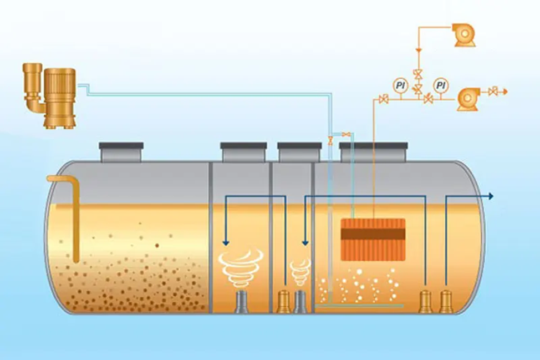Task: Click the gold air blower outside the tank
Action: [x=50, y=95]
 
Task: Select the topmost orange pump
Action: [x=464, y=34]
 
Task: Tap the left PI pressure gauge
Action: [x=400, y=85]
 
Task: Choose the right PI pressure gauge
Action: [x=441, y=85]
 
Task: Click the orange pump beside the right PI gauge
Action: [x=468, y=99]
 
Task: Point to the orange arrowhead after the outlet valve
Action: [x=505, y=92]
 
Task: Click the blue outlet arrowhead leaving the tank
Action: [x=491, y=196]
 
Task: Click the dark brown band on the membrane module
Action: [x=373, y=234]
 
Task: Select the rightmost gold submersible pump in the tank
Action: [x=446, y=301]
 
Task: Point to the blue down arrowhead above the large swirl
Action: [x=226, y=243]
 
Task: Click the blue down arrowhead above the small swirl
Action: [x=305, y=243]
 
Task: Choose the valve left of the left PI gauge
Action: [x=383, y=100]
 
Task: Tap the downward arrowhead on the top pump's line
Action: [x=419, y=50]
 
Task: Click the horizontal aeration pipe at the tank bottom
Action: [x=359, y=305]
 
